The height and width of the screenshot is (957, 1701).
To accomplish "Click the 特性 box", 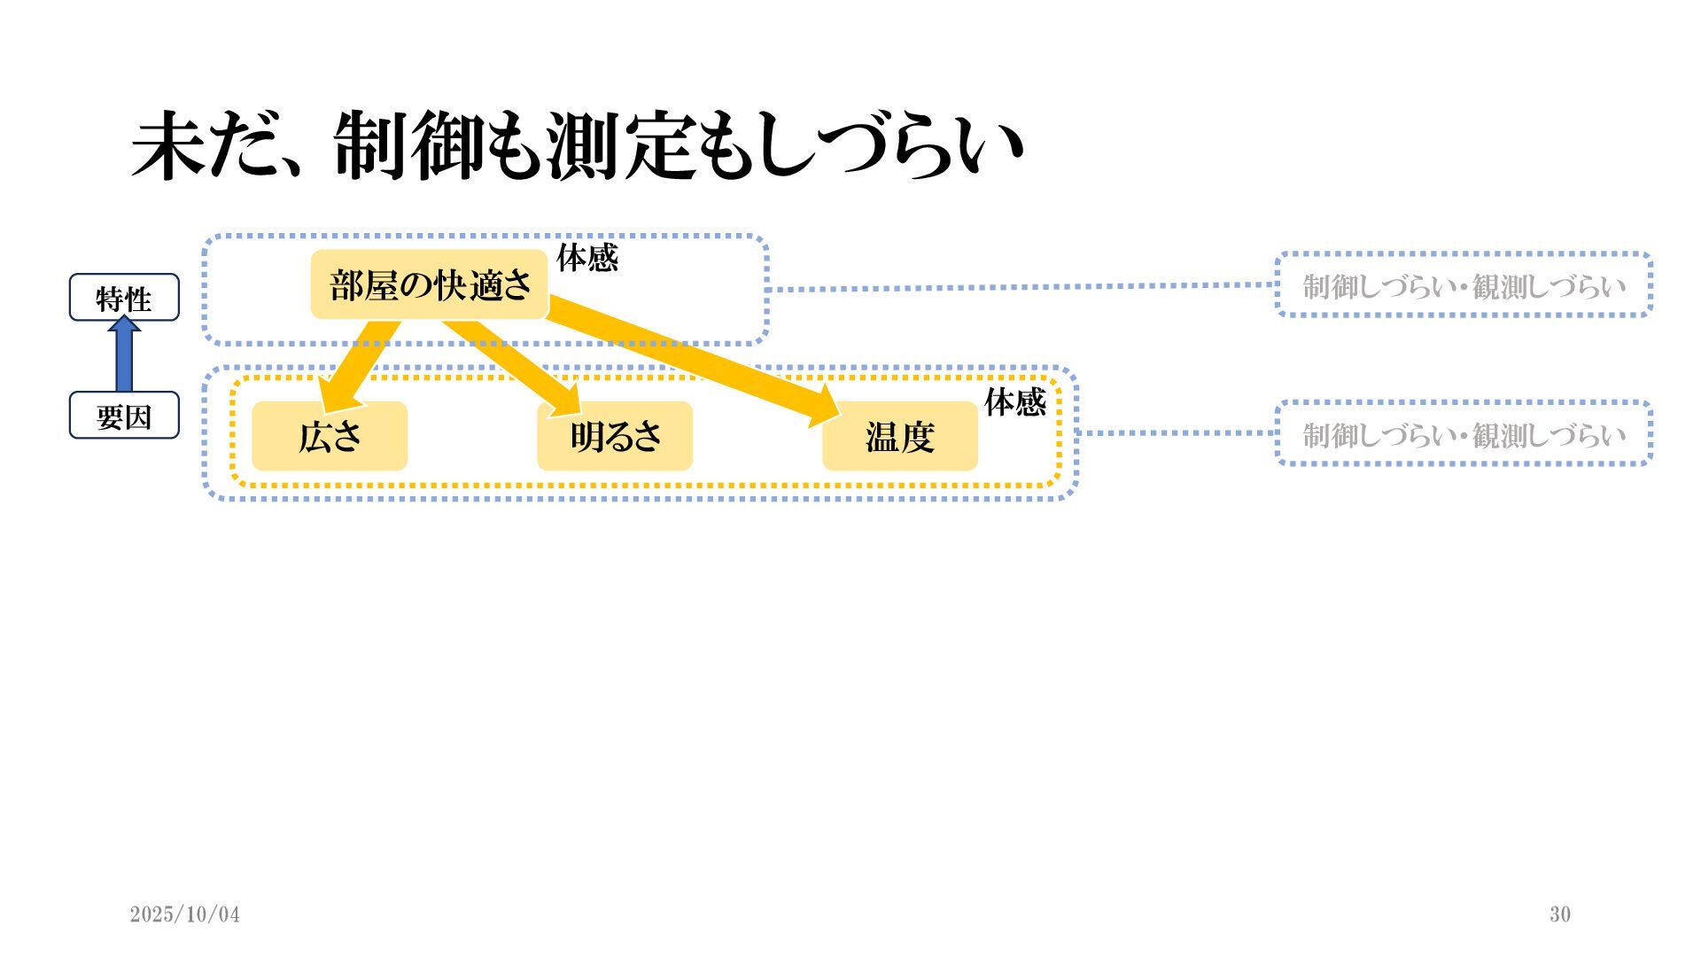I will click(124, 298).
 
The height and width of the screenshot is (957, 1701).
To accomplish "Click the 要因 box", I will click(124, 416).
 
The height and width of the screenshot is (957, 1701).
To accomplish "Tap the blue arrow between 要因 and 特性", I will click(124, 354).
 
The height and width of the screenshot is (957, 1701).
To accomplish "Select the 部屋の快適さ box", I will click(430, 284).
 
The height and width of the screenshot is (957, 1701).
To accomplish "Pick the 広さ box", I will click(330, 436).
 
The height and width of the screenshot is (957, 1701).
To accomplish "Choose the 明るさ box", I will click(615, 436).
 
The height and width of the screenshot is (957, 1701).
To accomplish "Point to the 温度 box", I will click(900, 436).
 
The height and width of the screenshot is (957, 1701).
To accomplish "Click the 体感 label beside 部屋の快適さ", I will click(586, 258).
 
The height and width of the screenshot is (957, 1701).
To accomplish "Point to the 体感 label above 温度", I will click(1015, 402).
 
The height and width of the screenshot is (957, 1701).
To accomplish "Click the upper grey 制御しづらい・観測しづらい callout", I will click(1464, 285).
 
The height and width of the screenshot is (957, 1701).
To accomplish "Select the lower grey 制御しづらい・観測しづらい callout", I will click(1464, 434).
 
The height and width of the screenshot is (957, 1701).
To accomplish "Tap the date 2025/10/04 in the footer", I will click(184, 914).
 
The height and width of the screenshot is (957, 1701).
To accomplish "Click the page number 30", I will click(1560, 914).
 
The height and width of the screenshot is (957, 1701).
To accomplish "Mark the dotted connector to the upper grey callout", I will click(1019, 287).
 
